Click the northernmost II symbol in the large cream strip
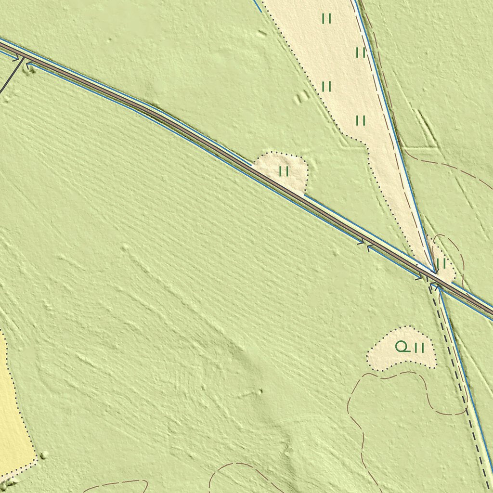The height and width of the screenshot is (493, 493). [x=327, y=19]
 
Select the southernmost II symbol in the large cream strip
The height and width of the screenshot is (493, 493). [x=361, y=120]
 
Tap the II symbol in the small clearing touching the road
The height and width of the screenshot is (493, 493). [x=284, y=171]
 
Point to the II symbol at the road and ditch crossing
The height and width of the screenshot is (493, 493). [x=441, y=263]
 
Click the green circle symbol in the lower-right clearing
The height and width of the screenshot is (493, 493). [x=401, y=346]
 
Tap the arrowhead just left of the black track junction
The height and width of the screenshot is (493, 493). [x=16, y=57]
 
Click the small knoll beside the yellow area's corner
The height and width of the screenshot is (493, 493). [x=44, y=454]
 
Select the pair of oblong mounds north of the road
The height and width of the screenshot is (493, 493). [x=302, y=97]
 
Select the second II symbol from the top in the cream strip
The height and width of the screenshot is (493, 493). [x=361, y=52]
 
